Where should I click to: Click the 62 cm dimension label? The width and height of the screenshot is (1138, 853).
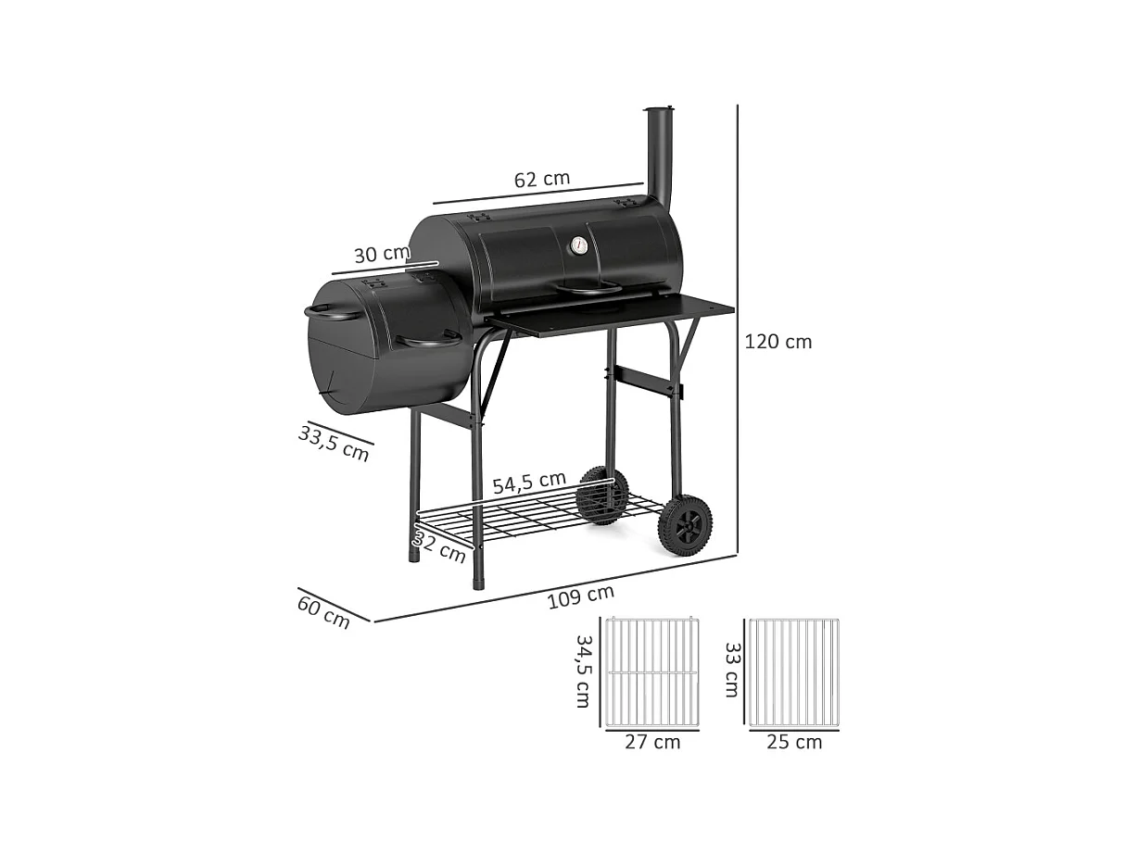(542, 179)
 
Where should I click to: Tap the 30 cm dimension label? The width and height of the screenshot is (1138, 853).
(381, 254)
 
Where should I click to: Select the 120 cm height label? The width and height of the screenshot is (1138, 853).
(778, 342)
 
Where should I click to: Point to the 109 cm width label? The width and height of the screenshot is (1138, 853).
(581, 597)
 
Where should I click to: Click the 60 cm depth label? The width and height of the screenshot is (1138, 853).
(324, 612)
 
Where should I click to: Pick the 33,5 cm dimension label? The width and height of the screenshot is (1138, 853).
(335, 442)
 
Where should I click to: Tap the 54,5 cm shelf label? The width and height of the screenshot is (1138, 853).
(528, 483)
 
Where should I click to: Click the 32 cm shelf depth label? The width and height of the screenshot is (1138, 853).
(439, 547)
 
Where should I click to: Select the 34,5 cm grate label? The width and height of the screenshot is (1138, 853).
(583, 671)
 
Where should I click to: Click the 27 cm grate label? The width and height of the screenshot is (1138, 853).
(652, 742)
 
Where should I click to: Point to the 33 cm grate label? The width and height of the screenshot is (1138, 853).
(732, 671)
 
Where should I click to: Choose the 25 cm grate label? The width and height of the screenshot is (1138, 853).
(794, 742)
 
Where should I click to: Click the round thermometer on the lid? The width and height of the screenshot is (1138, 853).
(578, 245)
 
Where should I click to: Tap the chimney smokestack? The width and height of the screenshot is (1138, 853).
(660, 153)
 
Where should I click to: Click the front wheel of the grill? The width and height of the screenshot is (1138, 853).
(685, 525)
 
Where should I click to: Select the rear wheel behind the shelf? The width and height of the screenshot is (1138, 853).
(602, 495)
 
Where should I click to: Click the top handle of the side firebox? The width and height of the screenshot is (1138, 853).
(332, 312)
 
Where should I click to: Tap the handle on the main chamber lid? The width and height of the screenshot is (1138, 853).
(588, 289)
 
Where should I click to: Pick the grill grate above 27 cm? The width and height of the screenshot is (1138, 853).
(651, 672)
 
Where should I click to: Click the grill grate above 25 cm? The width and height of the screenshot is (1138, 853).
(794, 672)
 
